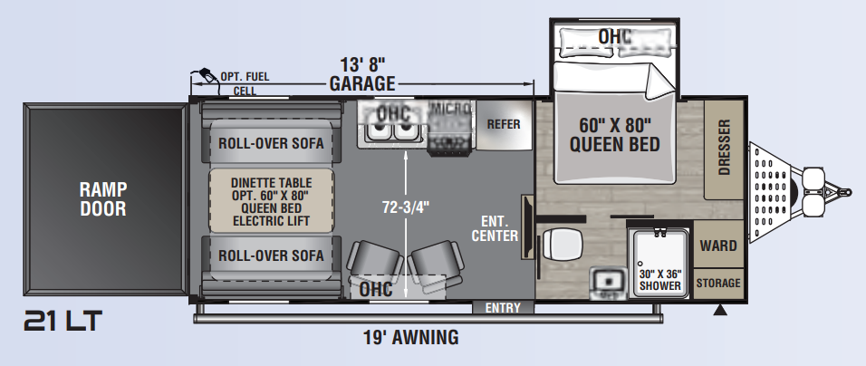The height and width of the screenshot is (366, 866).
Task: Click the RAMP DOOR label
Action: pos(103,198)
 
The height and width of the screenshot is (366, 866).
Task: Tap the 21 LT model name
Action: pos(63,321)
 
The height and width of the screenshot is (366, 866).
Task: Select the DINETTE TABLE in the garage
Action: pos(271,201)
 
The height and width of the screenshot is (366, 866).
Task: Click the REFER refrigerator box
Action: pos(504,125)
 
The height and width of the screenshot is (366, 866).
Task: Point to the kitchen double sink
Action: pos(392,131)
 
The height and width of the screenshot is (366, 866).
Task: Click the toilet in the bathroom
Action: pos(563,244)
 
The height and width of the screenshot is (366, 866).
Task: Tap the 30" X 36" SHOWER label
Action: pos(660,280)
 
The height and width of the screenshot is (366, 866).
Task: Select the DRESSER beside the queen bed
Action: pos(724,149)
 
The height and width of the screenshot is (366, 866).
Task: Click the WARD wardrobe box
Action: pos(718,244)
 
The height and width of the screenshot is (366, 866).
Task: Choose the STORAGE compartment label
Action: pos(718,284)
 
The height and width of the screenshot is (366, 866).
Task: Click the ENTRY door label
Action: pos(503,307)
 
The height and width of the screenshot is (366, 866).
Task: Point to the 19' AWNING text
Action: pos(411,337)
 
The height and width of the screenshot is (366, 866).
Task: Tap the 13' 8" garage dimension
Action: pos(362,64)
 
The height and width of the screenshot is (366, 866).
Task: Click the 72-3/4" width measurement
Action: pos(406,207)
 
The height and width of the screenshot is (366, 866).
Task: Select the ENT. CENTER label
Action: pos(495,228)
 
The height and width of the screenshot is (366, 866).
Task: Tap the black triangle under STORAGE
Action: pos(719,310)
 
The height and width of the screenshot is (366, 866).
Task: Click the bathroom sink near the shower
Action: pos(607,281)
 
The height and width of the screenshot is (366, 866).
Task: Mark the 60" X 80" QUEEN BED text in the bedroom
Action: pos(615,135)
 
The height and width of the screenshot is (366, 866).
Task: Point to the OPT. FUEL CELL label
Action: pos(245,83)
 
